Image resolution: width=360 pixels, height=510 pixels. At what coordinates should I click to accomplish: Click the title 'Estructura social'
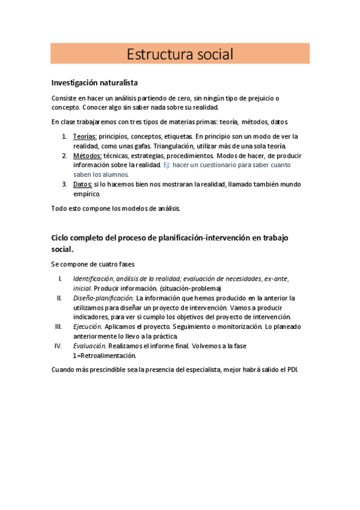(x=180, y=54)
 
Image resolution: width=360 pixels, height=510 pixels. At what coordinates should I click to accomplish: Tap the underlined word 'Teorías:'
(x=85, y=137)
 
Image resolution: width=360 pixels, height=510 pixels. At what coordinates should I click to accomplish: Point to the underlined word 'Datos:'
(x=83, y=184)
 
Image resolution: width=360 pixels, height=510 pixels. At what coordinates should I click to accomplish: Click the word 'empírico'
(x=87, y=194)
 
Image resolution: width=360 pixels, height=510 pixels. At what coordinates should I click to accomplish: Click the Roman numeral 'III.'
(x=58, y=327)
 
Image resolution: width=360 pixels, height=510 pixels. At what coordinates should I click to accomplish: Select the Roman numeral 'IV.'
(x=58, y=346)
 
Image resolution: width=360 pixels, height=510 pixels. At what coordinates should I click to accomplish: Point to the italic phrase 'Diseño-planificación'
(x=103, y=298)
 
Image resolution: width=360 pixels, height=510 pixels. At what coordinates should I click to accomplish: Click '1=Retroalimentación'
(x=105, y=355)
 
